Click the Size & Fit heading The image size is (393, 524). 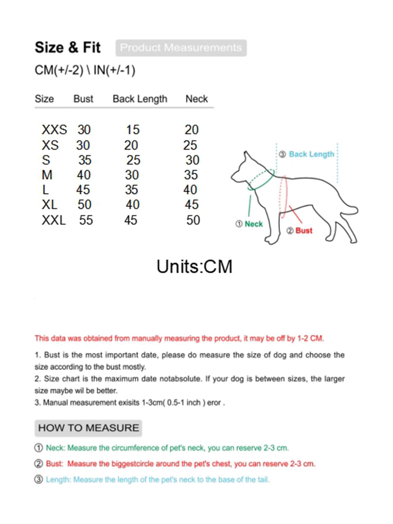click(x=67, y=48)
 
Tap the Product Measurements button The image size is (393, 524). click(x=181, y=48)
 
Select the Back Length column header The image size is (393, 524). click(x=140, y=99)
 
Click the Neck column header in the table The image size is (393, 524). click(x=196, y=99)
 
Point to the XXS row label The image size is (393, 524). click(x=54, y=130)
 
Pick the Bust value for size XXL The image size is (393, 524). click(x=86, y=220)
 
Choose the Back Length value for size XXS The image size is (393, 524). click(x=133, y=130)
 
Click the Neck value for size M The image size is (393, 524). click(x=191, y=175)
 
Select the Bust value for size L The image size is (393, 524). click(x=83, y=190)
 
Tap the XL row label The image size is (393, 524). click(x=50, y=205)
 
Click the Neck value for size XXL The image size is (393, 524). click(x=193, y=220)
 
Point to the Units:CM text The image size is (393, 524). click(x=194, y=267)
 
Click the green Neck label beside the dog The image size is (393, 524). click(x=253, y=224)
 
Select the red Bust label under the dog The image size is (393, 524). click(x=304, y=231)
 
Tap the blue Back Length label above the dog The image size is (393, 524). click(x=311, y=154)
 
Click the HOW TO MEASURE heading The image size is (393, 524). click(x=88, y=428)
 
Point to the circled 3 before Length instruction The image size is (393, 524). click(x=38, y=479)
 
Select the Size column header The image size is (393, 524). click(x=44, y=99)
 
